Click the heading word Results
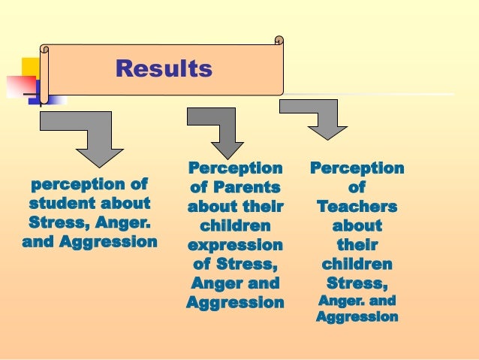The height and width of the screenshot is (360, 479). (164, 69)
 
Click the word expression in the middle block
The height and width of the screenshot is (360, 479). (234, 245)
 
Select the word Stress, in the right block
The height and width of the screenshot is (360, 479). (357, 284)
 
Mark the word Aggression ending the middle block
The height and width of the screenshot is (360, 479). (234, 303)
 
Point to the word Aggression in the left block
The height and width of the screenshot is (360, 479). (113, 242)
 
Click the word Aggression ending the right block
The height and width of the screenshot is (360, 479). (357, 317)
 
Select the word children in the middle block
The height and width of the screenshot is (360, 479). (234, 225)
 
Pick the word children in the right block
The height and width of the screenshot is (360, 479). (357, 265)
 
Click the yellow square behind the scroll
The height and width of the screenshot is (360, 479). (31, 68)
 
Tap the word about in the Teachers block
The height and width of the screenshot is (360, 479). (357, 225)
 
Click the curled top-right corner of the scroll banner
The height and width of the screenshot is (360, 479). (279, 41)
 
